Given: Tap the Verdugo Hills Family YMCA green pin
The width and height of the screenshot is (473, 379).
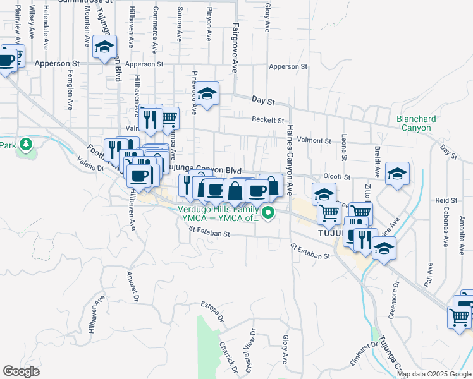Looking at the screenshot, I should pos(268,213).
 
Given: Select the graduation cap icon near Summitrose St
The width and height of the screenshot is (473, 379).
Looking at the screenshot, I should pos(104,46).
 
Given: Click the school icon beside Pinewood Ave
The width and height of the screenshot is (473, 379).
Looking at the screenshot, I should pos(206,93).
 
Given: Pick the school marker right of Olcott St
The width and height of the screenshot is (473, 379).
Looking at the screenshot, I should pos(396,174).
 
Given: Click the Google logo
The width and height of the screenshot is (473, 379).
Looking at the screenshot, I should pos(21,371).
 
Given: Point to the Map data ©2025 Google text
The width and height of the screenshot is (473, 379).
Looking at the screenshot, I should pos(434,374).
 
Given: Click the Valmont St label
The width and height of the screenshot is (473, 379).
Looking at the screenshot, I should pos(314,140).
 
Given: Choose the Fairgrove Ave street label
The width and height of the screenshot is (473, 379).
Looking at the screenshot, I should pos(234,48).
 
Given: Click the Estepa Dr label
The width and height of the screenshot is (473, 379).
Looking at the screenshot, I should pos(212,313).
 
